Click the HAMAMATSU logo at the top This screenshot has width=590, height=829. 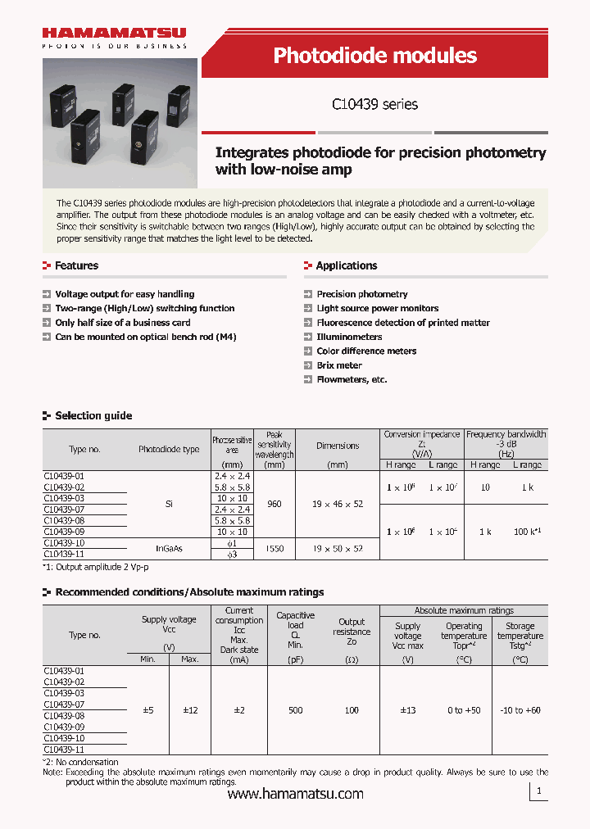[115, 34]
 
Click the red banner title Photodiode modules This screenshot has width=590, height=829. [374, 56]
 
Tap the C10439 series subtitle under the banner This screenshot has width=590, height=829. [374, 104]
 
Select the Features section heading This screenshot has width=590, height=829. [76, 265]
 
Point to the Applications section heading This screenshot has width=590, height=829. [346, 265]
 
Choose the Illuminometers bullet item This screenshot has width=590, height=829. [349, 337]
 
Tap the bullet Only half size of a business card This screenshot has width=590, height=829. [122, 323]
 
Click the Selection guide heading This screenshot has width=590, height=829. [93, 416]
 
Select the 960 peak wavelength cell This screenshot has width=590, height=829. [275, 504]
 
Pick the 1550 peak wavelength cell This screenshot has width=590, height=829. [275, 548]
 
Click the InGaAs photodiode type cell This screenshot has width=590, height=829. [169, 548]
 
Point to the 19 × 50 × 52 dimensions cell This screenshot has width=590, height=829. [338, 548]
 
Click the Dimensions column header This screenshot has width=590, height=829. [338, 446]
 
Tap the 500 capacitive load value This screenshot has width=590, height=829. [295, 710]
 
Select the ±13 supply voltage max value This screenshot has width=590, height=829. [407, 710]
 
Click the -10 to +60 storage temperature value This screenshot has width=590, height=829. [520, 710]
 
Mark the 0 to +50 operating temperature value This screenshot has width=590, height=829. [464, 710]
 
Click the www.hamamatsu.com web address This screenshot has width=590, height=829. [295, 794]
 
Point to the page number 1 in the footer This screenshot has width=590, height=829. [538, 791]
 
